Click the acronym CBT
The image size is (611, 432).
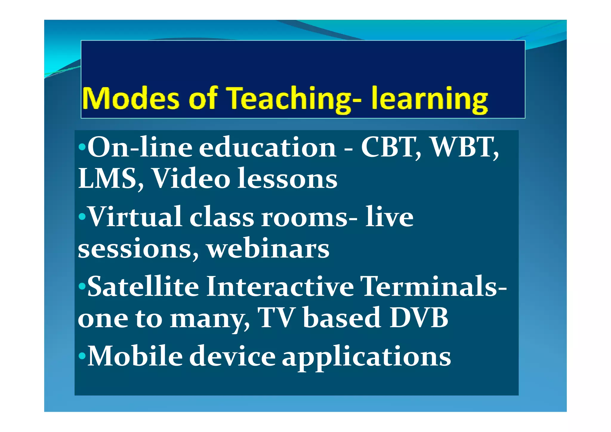[x=391, y=147]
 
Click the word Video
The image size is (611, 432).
[x=191, y=178]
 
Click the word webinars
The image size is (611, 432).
[x=268, y=249]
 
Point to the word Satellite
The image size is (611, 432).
[x=143, y=286]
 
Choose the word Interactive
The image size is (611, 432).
[x=280, y=286]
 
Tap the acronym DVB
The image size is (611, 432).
[x=419, y=318]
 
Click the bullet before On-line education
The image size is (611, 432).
[x=82, y=147]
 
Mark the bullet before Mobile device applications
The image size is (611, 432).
[x=82, y=356]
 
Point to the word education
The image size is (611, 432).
[x=267, y=147]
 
